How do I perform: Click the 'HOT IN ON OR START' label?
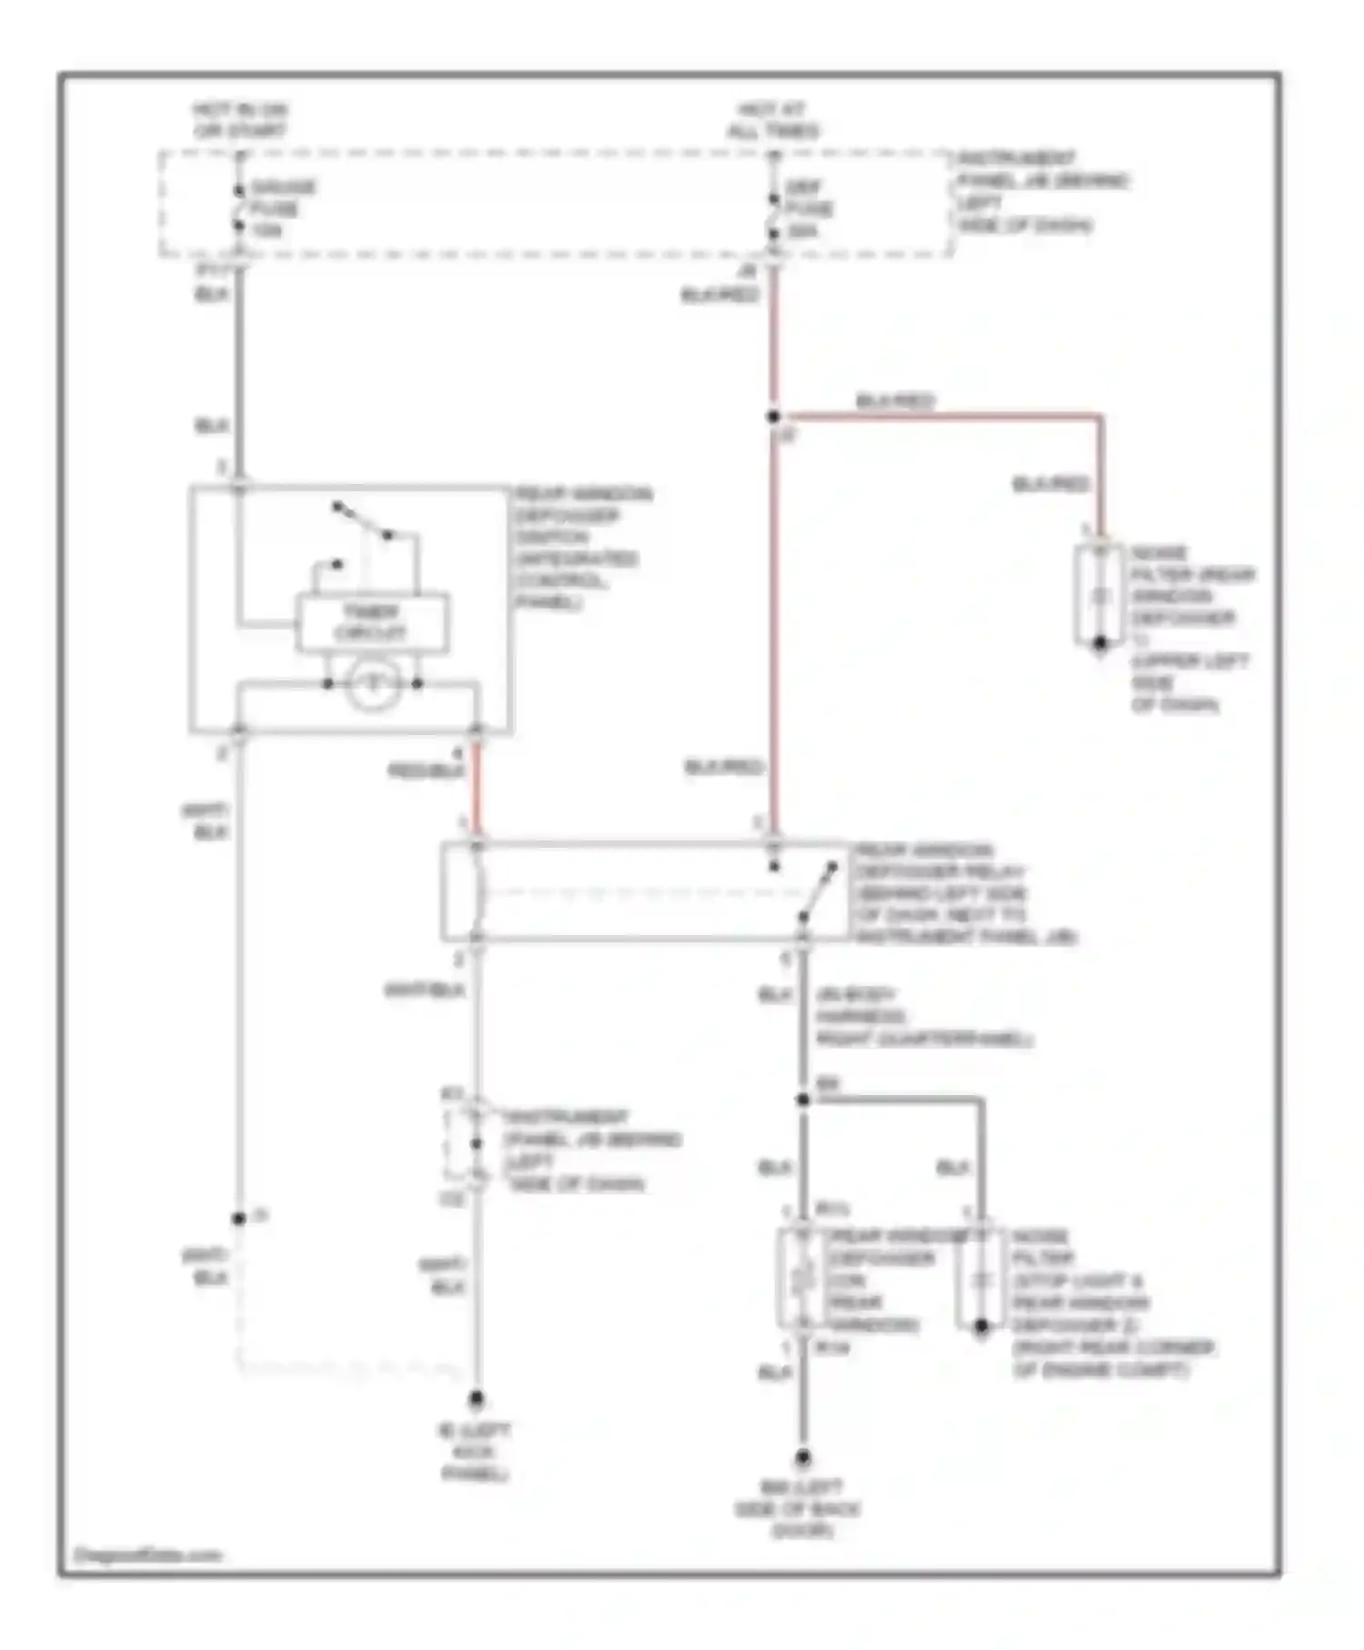pyautogui.click(x=240, y=120)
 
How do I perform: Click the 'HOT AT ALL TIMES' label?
pyautogui.click(x=772, y=120)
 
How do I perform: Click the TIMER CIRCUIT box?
pyautogui.click(x=371, y=623)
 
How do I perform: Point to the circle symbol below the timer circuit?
pyautogui.click(x=372, y=683)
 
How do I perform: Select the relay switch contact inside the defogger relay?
pyautogui.click(x=817, y=892)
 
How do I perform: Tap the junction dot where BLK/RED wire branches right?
pyautogui.click(x=773, y=417)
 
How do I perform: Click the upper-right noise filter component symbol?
pyautogui.click(x=1099, y=597)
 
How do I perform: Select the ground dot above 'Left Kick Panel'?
pyautogui.click(x=476, y=1398)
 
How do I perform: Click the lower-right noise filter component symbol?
pyautogui.click(x=980, y=1279)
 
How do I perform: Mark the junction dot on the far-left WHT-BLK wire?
pyautogui.click(x=238, y=1218)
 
